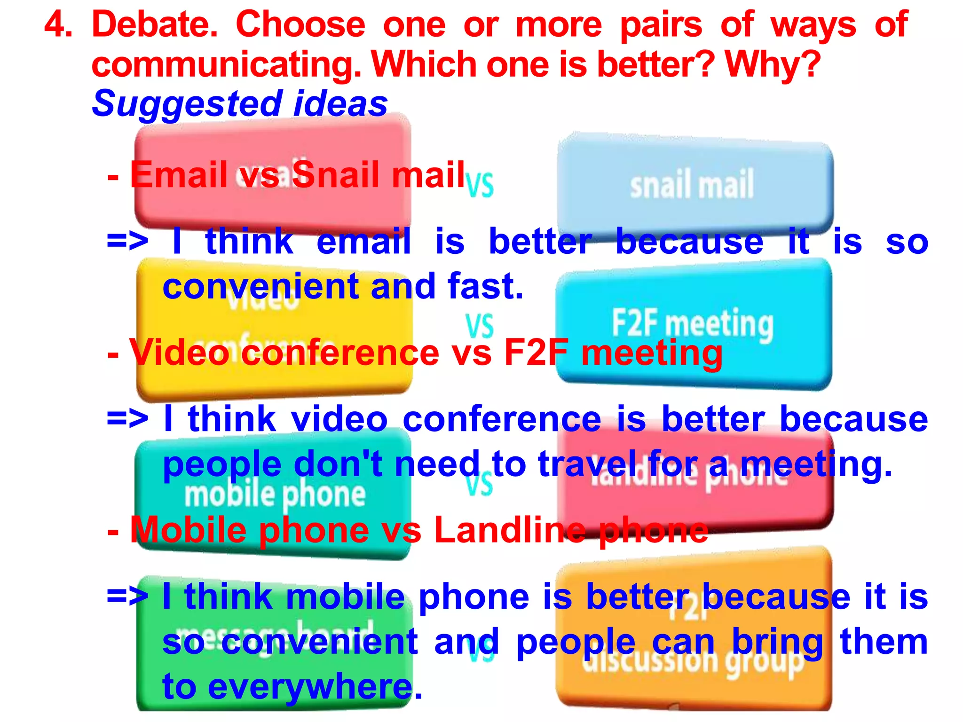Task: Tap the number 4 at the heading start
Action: click(x=58, y=24)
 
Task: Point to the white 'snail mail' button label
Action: click(x=692, y=185)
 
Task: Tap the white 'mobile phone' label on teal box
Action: click(x=275, y=495)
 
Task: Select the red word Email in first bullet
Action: click(x=179, y=175)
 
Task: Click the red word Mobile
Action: click(x=188, y=530)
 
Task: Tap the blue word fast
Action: click(x=485, y=286)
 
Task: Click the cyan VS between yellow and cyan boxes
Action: click(x=479, y=325)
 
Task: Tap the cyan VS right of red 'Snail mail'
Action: click(x=480, y=185)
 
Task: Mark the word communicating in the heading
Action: click(x=226, y=64)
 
